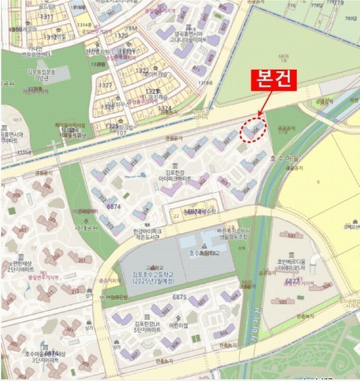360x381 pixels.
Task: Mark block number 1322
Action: pos(143,70)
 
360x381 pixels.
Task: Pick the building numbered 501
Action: pos(310,234)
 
